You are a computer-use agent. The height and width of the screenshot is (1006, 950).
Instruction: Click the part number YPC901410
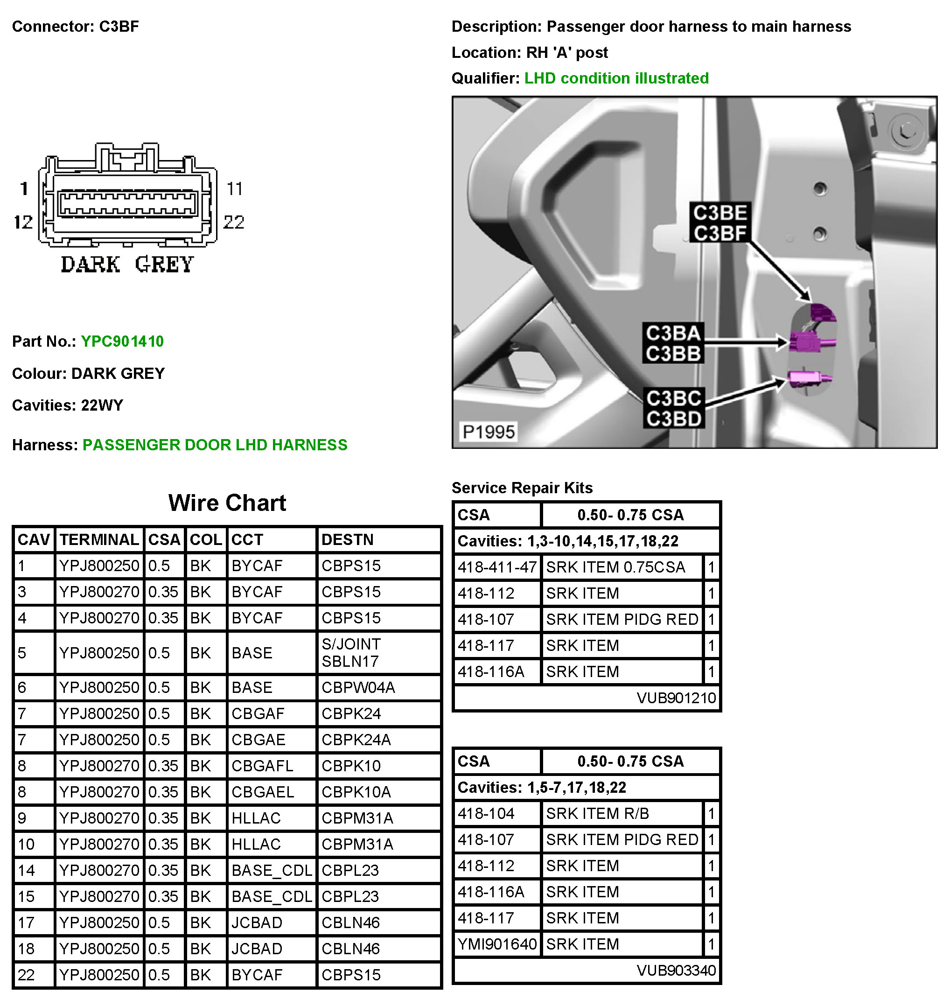[122, 341]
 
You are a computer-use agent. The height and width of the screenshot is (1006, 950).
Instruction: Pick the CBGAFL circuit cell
[262, 766]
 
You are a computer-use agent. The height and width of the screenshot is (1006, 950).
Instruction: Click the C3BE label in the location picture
[719, 213]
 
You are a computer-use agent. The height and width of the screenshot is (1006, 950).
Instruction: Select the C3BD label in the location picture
[673, 419]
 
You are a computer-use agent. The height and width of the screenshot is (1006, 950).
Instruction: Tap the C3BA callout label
[673, 333]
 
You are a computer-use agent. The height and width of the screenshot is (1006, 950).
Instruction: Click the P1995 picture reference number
[488, 432]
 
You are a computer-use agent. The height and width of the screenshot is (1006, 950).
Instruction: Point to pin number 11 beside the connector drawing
[234, 189]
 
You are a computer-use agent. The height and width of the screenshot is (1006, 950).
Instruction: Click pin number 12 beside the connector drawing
[23, 222]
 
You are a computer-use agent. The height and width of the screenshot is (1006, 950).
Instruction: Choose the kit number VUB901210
[676, 698]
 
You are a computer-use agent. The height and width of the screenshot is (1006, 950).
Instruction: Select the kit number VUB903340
[676, 971]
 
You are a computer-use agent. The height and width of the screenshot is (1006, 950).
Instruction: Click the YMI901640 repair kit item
[497, 944]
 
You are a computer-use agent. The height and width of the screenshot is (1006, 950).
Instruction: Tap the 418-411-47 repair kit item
[497, 567]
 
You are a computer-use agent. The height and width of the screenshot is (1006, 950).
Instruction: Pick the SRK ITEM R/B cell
[597, 814]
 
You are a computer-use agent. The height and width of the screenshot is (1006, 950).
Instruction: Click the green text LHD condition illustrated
[616, 78]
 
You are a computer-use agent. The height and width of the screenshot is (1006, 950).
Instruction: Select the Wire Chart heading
[227, 503]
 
